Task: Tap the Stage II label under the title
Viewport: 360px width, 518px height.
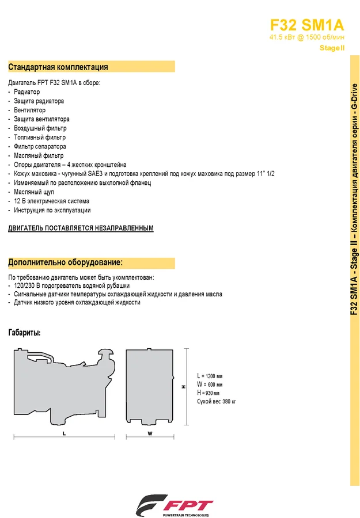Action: (x=332, y=48)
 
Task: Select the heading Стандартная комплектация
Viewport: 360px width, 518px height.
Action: (x=58, y=67)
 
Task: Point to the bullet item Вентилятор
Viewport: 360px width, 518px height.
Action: (x=30, y=110)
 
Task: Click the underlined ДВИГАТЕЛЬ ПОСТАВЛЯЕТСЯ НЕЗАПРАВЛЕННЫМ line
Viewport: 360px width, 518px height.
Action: (x=81, y=228)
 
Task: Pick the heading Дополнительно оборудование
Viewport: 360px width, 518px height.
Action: (x=65, y=262)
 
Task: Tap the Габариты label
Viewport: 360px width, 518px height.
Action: (x=24, y=333)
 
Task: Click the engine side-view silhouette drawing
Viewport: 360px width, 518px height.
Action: (x=63, y=386)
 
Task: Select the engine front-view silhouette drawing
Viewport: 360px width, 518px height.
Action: (x=149, y=386)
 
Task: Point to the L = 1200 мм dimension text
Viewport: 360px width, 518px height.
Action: (x=209, y=375)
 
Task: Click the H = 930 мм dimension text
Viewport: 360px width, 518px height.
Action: (x=209, y=393)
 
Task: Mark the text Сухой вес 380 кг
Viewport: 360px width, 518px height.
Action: (x=217, y=401)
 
